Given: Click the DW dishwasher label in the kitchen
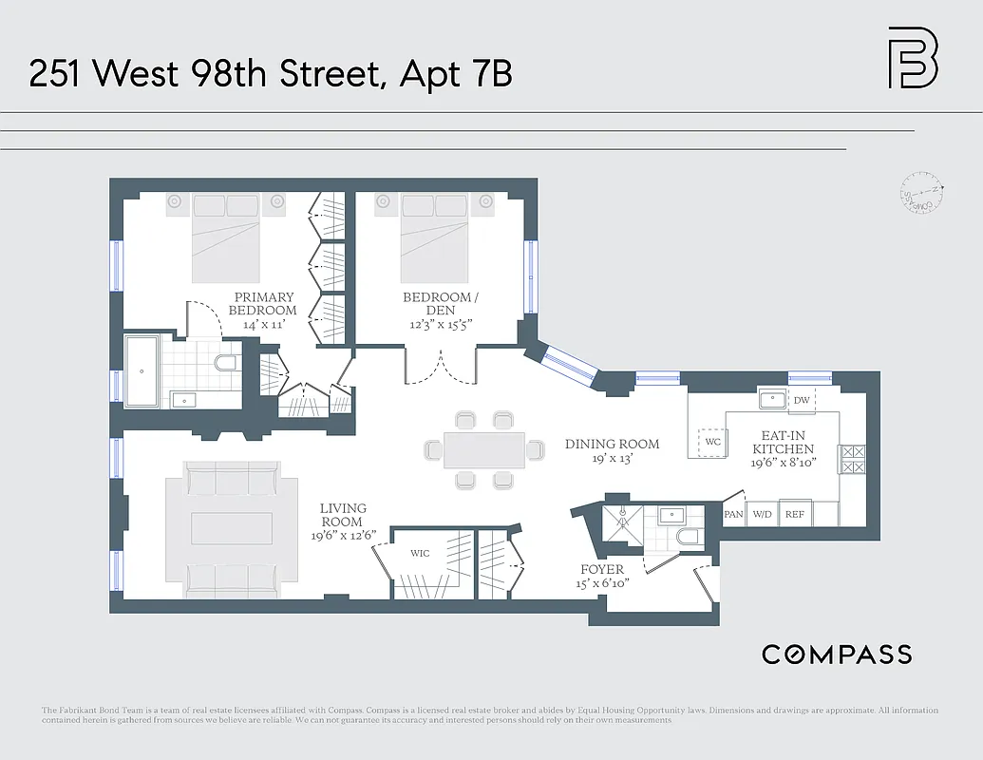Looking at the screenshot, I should coord(802,400).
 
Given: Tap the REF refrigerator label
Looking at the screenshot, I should coord(795,514).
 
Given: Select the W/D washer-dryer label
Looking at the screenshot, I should coord(762,514).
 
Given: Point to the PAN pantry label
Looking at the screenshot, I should coord(733,514).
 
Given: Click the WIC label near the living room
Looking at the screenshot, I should coord(420,553).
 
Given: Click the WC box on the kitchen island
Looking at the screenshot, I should coord(713,442).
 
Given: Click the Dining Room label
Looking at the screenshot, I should coord(612,444).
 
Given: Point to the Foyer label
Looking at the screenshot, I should coord(602,569).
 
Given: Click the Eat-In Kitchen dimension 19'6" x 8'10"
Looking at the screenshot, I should coord(783,464).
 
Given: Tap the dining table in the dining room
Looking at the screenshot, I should coord(484,450).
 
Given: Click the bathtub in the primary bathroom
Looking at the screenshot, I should coord(142,370).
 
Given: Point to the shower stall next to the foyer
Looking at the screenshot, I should coord(622,522).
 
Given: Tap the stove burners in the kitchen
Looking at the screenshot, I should coord(851,459).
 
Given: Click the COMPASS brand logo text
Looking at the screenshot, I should coord(837,654).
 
